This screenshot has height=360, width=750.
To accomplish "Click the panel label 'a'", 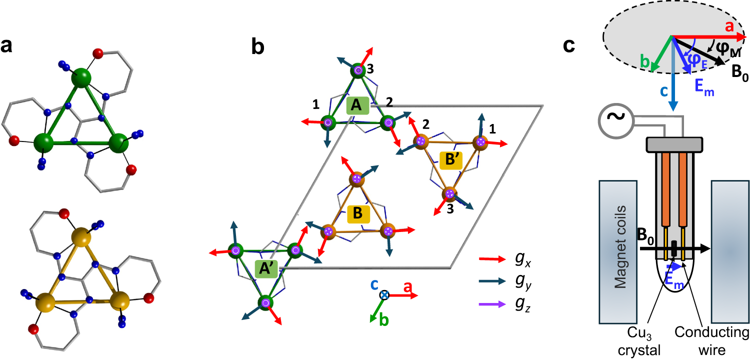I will click(x=7, y=46).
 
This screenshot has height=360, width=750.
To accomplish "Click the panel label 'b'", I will click(x=258, y=46).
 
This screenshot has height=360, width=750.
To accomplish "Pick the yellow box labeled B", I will click(x=358, y=213).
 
